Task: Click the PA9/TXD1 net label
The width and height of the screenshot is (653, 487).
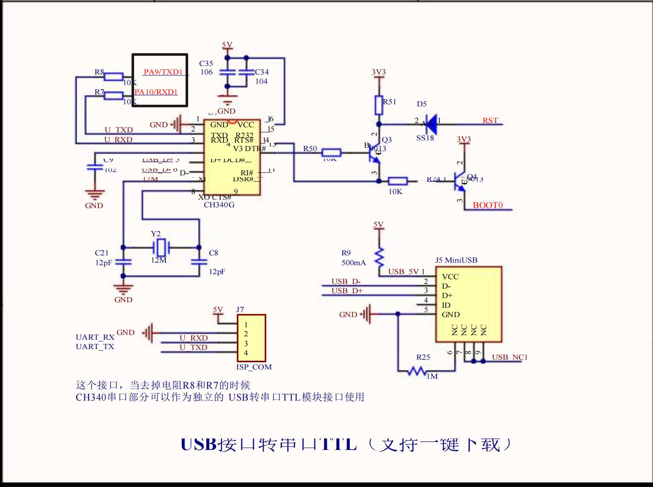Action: [163, 72]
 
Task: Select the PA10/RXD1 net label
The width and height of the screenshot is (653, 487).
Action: [156, 92]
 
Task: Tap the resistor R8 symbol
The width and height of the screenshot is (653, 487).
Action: [114, 77]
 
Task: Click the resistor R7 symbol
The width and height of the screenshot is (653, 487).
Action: [114, 96]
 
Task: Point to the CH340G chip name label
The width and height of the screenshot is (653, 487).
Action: [219, 205]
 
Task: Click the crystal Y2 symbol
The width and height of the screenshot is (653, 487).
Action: [161, 247]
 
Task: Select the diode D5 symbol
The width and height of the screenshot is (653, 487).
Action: [430, 124]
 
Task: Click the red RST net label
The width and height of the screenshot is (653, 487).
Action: [490, 120]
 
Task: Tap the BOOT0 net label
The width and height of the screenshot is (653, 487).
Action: [488, 205]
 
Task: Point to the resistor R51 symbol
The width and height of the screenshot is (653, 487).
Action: [379, 105]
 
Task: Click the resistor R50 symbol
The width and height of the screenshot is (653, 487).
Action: [331, 153]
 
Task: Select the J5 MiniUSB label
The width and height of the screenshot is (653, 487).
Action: [456, 260]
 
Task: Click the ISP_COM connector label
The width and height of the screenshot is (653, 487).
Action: [254, 367]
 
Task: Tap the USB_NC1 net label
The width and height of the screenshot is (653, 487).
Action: [510, 357]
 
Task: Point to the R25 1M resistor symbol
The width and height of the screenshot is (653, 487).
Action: [417, 372]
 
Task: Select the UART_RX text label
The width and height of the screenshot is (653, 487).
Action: [95, 337]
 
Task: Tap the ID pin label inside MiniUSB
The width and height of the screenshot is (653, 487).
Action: [446, 305]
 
